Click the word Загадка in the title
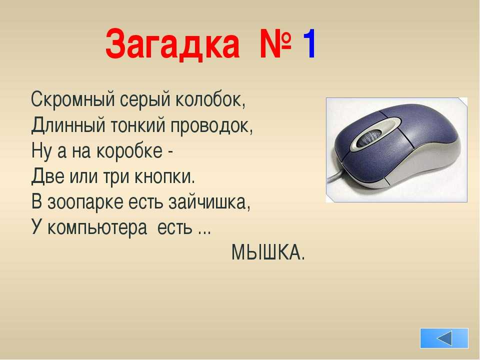172,44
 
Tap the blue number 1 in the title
309,43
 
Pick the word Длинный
68,125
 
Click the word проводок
211,126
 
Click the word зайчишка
209,202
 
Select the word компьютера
97,228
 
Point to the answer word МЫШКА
268,253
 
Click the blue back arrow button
444,338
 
